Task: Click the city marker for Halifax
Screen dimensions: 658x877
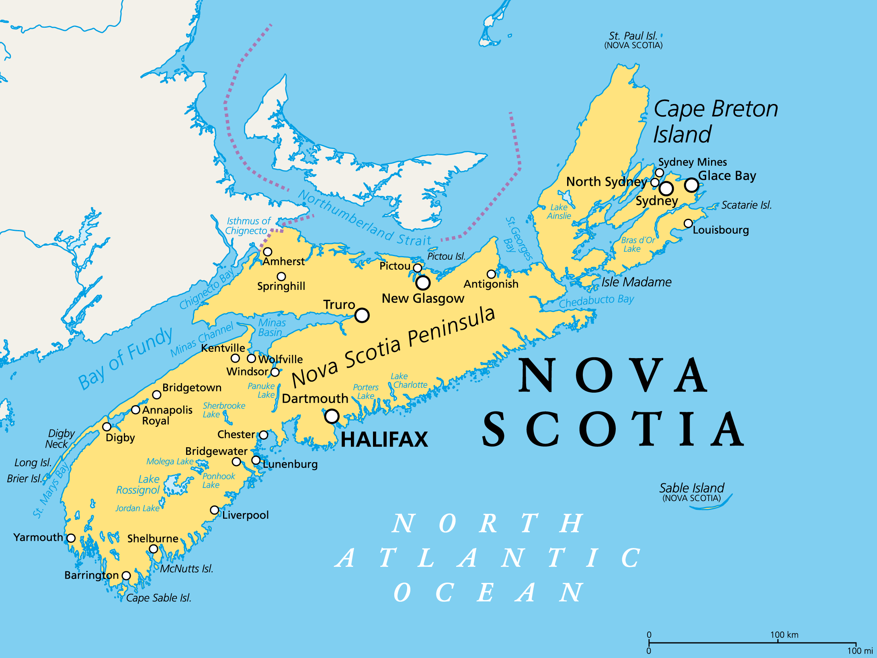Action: click(x=332, y=416)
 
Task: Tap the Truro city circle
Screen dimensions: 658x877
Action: click(x=362, y=315)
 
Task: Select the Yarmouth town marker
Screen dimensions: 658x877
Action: click(x=71, y=538)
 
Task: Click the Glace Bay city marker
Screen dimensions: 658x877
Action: click(x=691, y=185)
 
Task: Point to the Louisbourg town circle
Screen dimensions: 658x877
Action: click(x=688, y=223)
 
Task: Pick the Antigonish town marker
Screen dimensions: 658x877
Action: click(x=491, y=274)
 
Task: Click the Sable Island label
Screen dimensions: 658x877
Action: click(x=691, y=488)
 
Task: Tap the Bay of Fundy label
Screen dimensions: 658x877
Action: click(x=125, y=359)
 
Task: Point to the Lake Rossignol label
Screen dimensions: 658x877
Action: click(x=138, y=485)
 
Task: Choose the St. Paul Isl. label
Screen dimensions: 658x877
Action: click(x=633, y=36)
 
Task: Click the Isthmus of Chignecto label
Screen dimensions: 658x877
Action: click(x=248, y=226)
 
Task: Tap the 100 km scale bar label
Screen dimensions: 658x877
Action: click(x=784, y=635)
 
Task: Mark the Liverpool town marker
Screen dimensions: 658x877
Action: click(x=215, y=510)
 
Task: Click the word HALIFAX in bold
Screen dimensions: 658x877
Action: click(x=384, y=440)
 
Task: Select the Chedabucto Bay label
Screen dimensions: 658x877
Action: click(x=596, y=301)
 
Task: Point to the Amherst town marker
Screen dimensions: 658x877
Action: click(x=267, y=252)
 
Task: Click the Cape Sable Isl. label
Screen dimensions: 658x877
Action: click(x=158, y=598)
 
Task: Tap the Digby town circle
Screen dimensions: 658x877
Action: click(x=107, y=427)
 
